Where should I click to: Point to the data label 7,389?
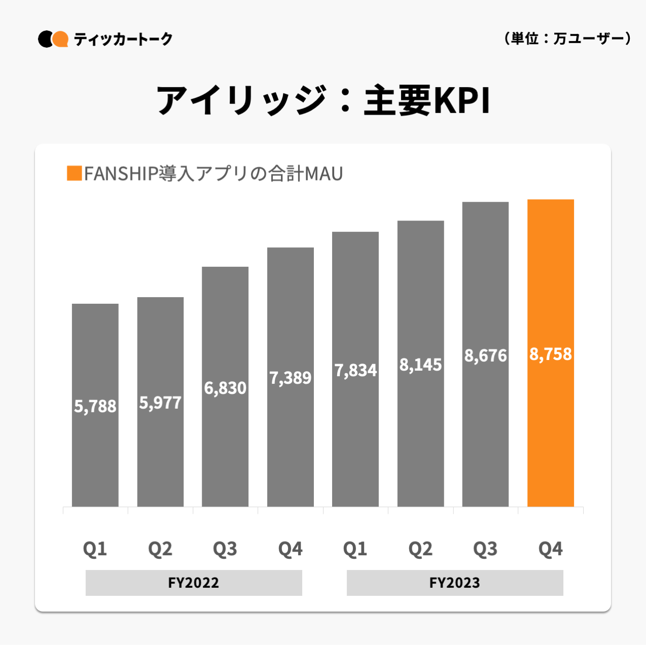[x=290, y=378]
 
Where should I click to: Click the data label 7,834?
[x=355, y=370]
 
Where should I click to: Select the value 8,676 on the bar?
[x=485, y=355]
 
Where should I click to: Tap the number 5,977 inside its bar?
[x=160, y=403]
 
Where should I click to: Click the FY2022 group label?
[x=194, y=583]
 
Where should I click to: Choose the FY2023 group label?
[x=454, y=583]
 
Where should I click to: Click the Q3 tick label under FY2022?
[x=225, y=549]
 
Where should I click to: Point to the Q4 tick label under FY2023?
[x=550, y=549]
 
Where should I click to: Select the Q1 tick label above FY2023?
[x=355, y=549]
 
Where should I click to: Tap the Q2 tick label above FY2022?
[x=160, y=549]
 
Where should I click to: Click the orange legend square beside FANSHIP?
[x=74, y=173]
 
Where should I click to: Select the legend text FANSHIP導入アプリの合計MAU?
[x=213, y=173]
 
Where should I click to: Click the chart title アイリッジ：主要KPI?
[x=323, y=100]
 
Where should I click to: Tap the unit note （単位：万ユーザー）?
[x=567, y=39]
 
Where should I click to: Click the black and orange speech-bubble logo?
[x=53, y=39]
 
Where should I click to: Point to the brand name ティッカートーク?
[x=123, y=39]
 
